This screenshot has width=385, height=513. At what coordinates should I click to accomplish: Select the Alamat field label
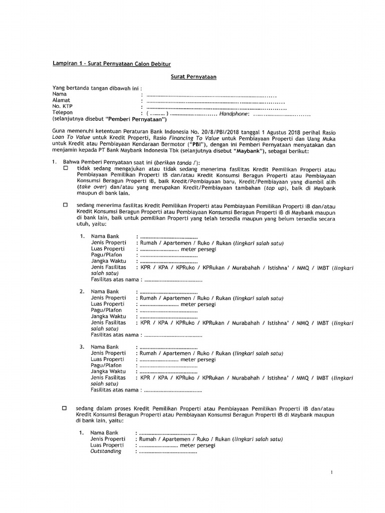click(62, 100)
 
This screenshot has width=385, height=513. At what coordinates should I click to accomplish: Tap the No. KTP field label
click(63, 107)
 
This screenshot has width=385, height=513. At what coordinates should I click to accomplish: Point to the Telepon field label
click(63, 113)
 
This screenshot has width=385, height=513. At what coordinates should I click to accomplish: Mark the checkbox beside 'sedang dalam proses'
click(65, 409)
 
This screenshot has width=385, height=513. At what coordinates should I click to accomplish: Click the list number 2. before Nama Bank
click(82, 291)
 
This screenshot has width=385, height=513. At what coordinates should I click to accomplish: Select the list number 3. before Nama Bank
click(82, 347)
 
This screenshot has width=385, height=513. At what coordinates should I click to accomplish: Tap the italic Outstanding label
click(106, 451)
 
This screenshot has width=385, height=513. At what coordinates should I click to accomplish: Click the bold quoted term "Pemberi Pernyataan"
click(134, 120)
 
